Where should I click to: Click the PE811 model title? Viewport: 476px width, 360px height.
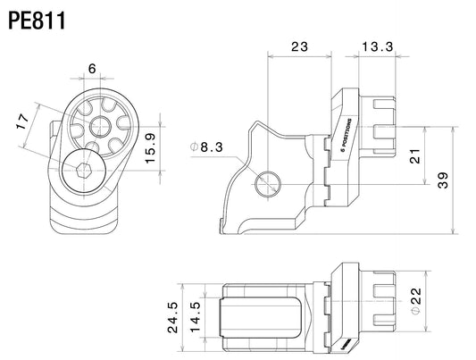click(x=37, y=21)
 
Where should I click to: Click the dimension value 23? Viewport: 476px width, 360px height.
click(x=299, y=46)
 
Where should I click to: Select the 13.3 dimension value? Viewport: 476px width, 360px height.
click(x=378, y=46)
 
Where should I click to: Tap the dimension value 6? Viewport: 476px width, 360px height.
click(x=92, y=69)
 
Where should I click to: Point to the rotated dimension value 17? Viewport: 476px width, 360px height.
click(x=23, y=121)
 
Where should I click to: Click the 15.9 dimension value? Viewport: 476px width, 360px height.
click(x=151, y=148)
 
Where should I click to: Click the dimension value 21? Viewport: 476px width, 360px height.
click(x=415, y=156)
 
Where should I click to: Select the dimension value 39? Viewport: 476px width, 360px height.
click(x=443, y=180)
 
